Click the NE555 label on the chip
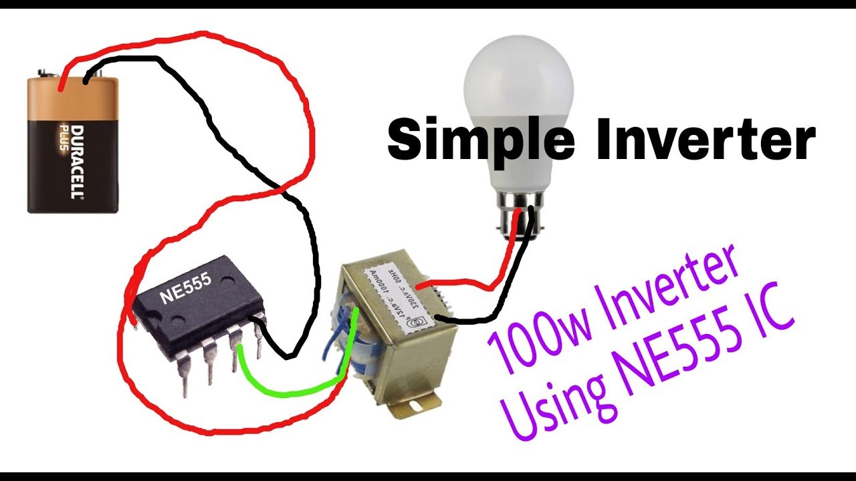(186, 287)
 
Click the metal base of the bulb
(518, 210)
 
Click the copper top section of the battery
(74, 94)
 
